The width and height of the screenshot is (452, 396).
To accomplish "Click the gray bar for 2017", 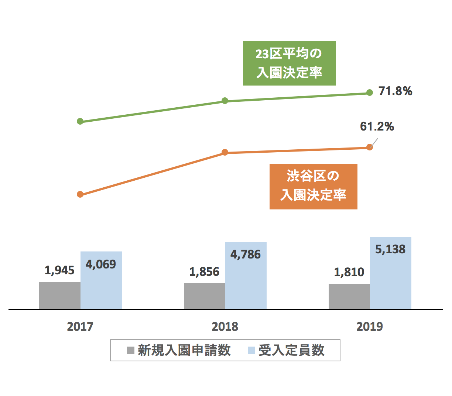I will (x=60, y=295).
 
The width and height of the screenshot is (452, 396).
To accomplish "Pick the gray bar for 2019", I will (x=349, y=296).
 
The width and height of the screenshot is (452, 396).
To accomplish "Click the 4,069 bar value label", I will (x=101, y=264).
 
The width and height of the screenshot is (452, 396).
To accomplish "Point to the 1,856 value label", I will (x=204, y=272).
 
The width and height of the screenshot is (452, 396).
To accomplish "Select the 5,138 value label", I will (x=390, y=249).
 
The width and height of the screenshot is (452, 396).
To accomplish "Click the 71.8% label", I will (x=395, y=91).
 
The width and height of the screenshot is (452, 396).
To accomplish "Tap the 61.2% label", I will (x=377, y=126).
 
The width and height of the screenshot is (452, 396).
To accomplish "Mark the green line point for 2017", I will (x=80, y=121).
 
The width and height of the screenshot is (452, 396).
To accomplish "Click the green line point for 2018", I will (x=225, y=101).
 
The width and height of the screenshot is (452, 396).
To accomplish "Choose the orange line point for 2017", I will (x=80, y=194).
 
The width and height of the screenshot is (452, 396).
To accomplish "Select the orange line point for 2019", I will (x=370, y=147).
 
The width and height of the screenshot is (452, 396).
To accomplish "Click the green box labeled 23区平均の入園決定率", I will (x=289, y=63).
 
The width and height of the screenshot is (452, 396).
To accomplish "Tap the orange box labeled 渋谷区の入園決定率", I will (x=313, y=186).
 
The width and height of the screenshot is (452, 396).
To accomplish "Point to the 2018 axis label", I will (x=225, y=327).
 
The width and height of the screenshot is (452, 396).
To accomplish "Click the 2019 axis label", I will (x=370, y=327).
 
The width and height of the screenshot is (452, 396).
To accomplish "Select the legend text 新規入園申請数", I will (x=184, y=350).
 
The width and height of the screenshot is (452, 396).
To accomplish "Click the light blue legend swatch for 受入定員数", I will (x=251, y=350).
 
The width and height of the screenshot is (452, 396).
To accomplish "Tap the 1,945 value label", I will (x=59, y=270).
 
